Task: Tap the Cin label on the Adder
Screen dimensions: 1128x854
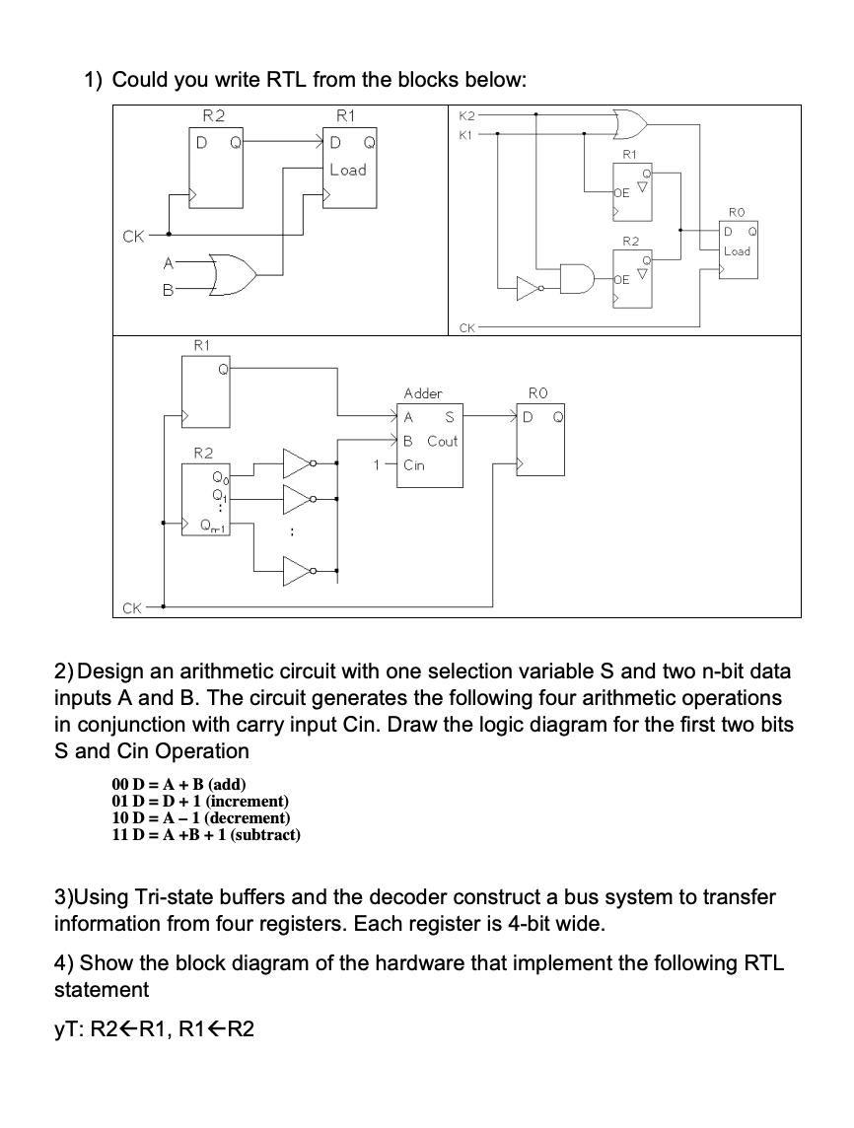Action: [x=414, y=464]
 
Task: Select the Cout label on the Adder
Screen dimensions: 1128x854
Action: [x=442, y=441]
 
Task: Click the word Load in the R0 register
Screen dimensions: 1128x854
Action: [x=737, y=250]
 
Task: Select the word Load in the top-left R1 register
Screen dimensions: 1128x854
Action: [x=347, y=170]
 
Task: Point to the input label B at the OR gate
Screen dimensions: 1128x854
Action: [x=169, y=291]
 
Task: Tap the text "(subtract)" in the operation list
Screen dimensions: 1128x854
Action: [x=262, y=835]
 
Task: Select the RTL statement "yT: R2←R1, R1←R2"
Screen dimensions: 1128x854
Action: [x=154, y=1030]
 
